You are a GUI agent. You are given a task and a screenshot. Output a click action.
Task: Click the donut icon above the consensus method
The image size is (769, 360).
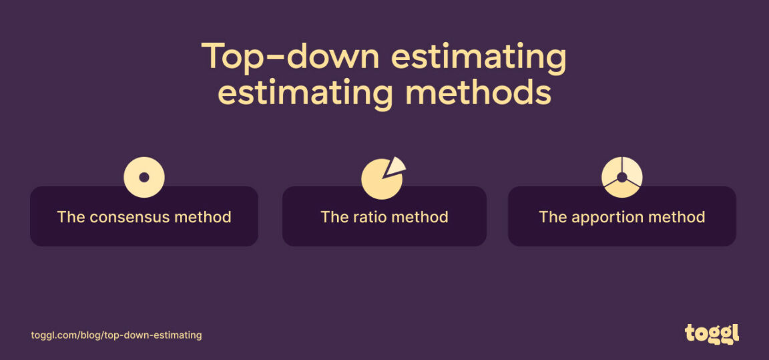point(144,177)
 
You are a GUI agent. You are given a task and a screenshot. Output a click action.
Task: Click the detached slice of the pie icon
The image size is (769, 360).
point(397,166)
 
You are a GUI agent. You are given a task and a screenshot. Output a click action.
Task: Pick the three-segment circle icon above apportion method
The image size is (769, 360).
point(621,178)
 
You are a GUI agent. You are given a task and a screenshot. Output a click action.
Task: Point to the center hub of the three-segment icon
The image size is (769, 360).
point(621,178)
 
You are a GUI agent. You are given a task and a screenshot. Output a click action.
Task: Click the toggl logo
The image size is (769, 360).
point(712,333)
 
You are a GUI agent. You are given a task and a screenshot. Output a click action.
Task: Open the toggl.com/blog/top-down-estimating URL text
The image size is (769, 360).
point(116,335)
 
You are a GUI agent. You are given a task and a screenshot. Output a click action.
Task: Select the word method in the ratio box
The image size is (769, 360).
point(423,217)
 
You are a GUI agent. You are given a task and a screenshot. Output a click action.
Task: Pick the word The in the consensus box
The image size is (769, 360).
point(70,217)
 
